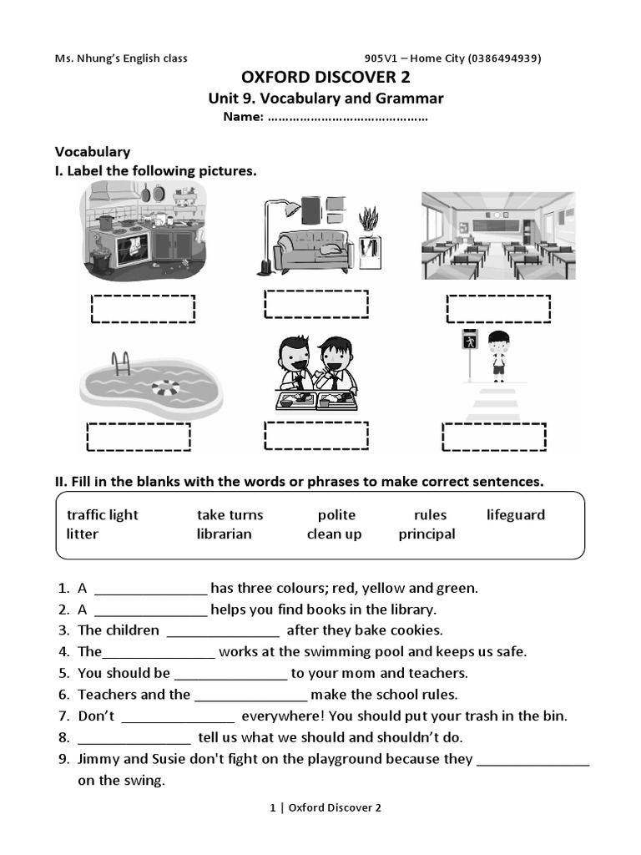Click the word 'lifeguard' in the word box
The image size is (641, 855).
coord(515,515)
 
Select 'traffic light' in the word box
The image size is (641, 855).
coord(103,515)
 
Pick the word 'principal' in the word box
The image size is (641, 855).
coord(426,534)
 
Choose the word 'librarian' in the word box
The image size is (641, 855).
coord(224,534)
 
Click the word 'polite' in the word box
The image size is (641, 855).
coord(336,515)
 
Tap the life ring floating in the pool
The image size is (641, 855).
coord(165,388)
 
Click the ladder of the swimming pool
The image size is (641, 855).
coord(122,363)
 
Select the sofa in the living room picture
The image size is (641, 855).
coord(313,248)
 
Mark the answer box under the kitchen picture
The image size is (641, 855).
coord(143,308)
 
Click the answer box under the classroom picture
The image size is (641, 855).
coord(498,308)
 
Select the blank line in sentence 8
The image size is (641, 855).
coord(134,738)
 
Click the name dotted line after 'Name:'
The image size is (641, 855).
coord(347,118)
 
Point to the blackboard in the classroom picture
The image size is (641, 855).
coord(497,224)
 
